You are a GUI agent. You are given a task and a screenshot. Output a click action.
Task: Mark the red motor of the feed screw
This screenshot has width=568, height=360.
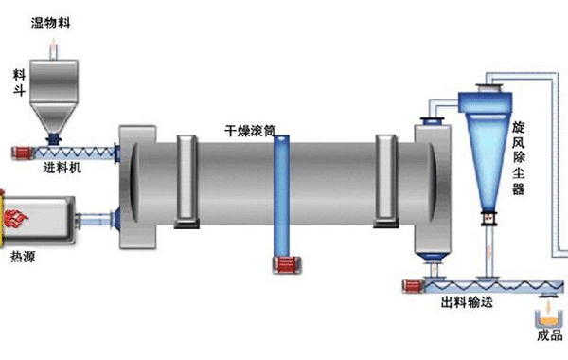click(x=21, y=152)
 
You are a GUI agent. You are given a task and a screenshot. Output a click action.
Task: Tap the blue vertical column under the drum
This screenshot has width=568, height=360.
click(x=279, y=194)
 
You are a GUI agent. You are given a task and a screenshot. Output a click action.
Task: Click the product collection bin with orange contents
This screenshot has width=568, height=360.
click(x=550, y=313)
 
